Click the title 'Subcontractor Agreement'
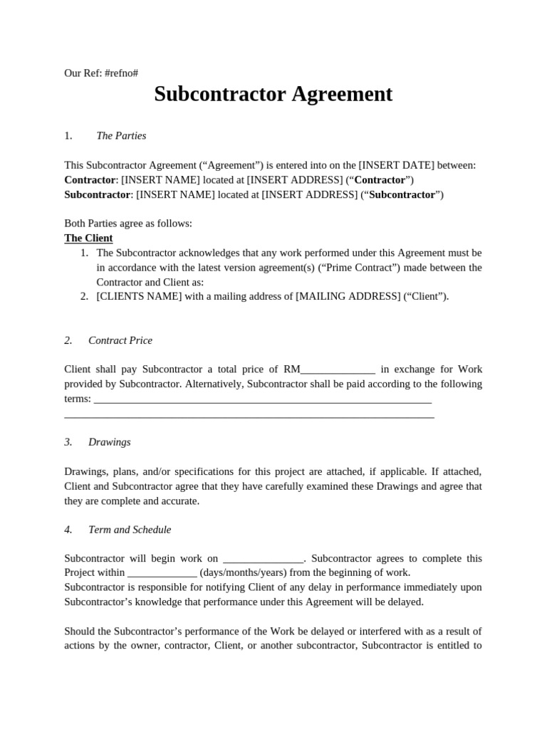point(273,94)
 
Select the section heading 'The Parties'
point(121,135)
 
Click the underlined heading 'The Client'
point(88,238)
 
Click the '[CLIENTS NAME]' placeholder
point(139,296)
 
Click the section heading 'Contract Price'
point(120,340)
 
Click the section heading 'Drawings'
point(110,442)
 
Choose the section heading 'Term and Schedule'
point(130,530)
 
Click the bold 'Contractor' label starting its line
point(90,179)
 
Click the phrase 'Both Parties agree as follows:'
point(128,223)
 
